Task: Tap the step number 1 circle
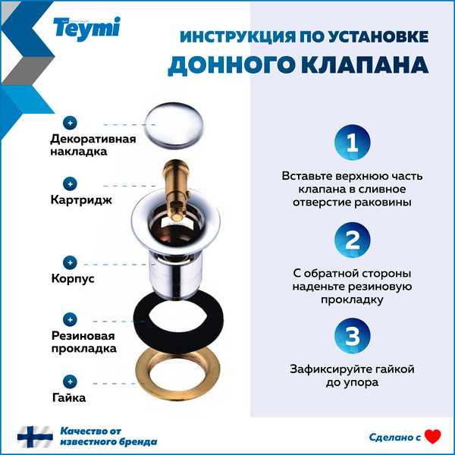tap(352, 142)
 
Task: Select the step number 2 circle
tap(352, 241)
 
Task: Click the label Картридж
tap(81, 201)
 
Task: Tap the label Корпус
tap(72, 279)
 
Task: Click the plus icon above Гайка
tap(71, 381)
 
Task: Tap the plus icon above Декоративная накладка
tap(71, 123)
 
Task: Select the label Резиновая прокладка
tap(83, 342)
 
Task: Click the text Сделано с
tap(394, 438)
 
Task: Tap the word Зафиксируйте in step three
tap(326, 369)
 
